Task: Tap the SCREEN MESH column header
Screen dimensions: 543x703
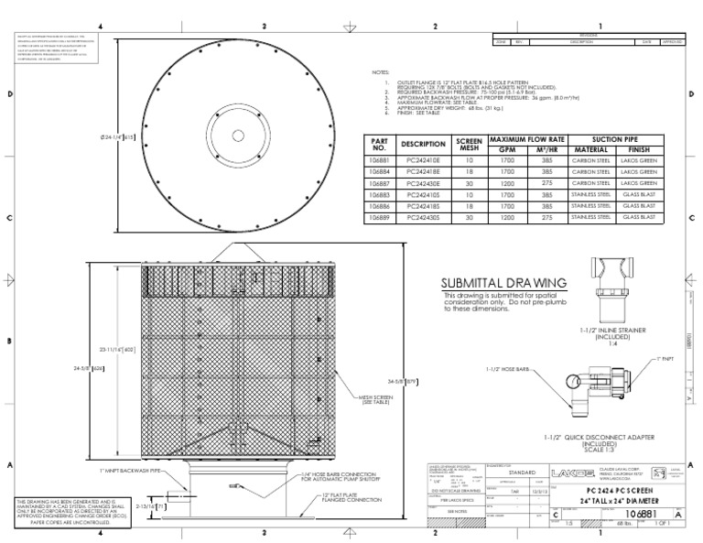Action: click(x=469, y=145)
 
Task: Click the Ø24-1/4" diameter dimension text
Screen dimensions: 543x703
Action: click(x=116, y=137)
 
